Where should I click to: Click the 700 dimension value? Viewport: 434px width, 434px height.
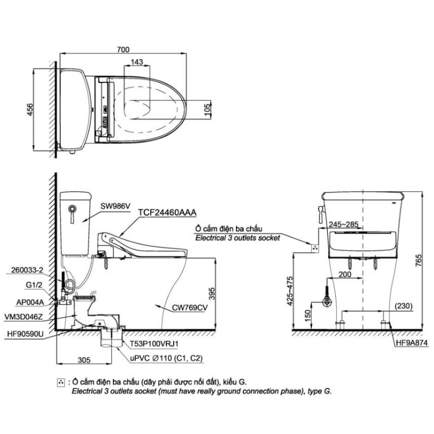[x=123, y=49]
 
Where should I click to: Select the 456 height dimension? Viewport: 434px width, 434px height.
[x=29, y=110]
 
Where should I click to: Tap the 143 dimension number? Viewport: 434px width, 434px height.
[x=137, y=62]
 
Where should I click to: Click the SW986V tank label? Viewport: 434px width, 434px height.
[x=116, y=206]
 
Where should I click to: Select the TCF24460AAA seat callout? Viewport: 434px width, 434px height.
[x=167, y=212]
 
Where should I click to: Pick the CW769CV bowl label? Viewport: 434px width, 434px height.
[x=189, y=308]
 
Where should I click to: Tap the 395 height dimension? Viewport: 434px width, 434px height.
[x=212, y=293]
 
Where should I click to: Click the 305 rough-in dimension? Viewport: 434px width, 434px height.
[x=84, y=360]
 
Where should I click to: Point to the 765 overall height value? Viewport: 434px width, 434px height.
[x=418, y=260]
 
